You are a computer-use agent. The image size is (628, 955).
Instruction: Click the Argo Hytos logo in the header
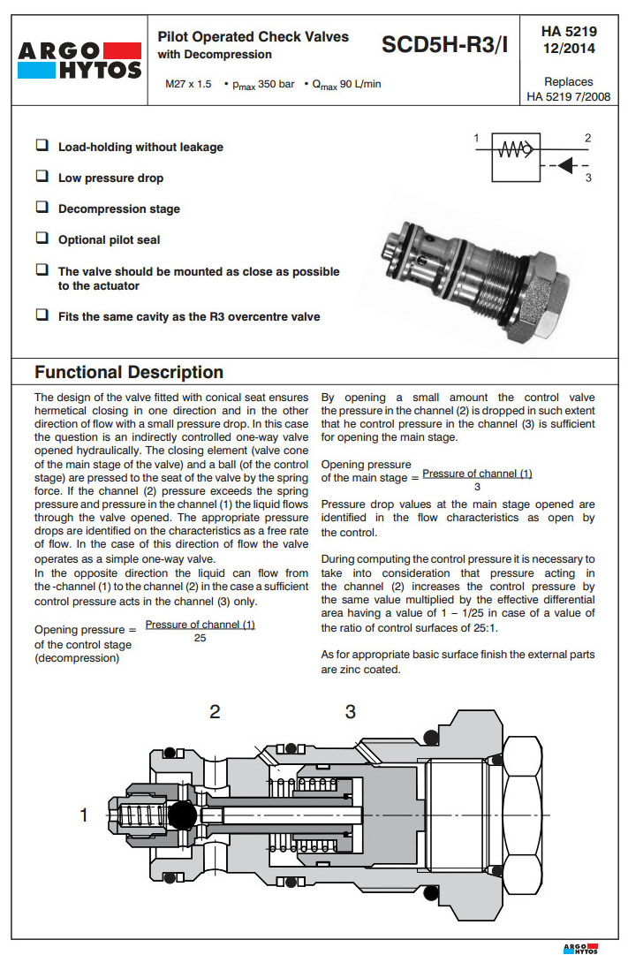coord(79,58)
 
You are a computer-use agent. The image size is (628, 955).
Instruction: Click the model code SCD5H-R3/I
coord(444,45)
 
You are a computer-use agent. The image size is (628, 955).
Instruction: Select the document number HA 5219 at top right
coord(569,32)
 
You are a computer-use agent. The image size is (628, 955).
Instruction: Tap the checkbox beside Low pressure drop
coord(42,177)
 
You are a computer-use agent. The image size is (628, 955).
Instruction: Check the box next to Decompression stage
coord(42,208)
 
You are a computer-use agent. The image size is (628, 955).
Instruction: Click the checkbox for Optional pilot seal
coord(42,239)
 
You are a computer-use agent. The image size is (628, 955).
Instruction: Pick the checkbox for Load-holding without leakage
coord(42,146)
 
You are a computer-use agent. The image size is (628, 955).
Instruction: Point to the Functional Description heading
coord(129,372)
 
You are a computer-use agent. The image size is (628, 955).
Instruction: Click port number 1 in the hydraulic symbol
coord(476,139)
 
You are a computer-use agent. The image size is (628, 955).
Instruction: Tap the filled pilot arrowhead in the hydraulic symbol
coord(565,165)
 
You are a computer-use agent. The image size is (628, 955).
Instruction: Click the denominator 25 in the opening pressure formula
coord(200,638)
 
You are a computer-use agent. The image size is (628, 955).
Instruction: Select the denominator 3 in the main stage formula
coord(477,487)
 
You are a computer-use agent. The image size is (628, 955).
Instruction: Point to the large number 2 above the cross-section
coord(215,712)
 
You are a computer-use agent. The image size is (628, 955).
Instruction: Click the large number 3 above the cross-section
coord(351,712)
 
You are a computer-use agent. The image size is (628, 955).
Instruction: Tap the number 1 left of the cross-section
coord(85,815)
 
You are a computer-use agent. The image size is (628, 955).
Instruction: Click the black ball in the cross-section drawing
coord(182,815)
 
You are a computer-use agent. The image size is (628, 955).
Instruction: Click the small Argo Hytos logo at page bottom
coord(579,948)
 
